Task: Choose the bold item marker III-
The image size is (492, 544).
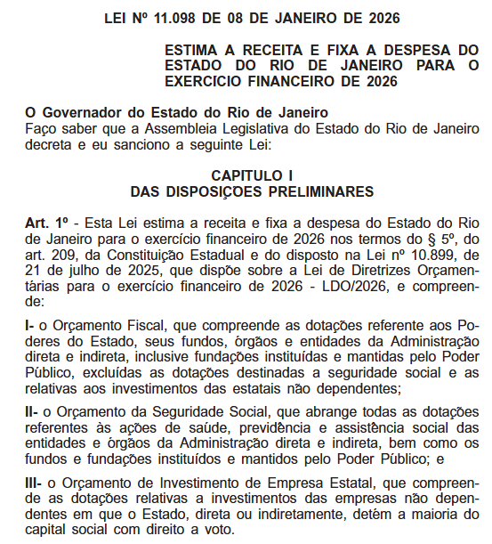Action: [x=34, y=483]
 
